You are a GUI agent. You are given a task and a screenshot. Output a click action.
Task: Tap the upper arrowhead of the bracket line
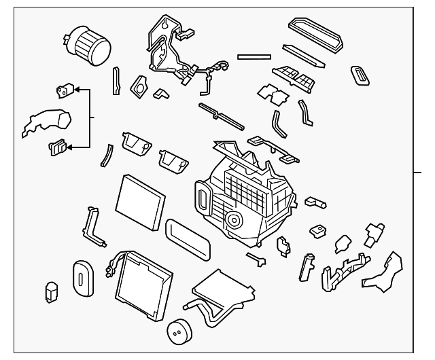click(x=76, y=89)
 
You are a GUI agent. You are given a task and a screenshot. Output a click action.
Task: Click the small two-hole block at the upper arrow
click(x=64, y=89)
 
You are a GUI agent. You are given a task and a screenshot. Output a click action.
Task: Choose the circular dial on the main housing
click(x=235, y=219)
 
